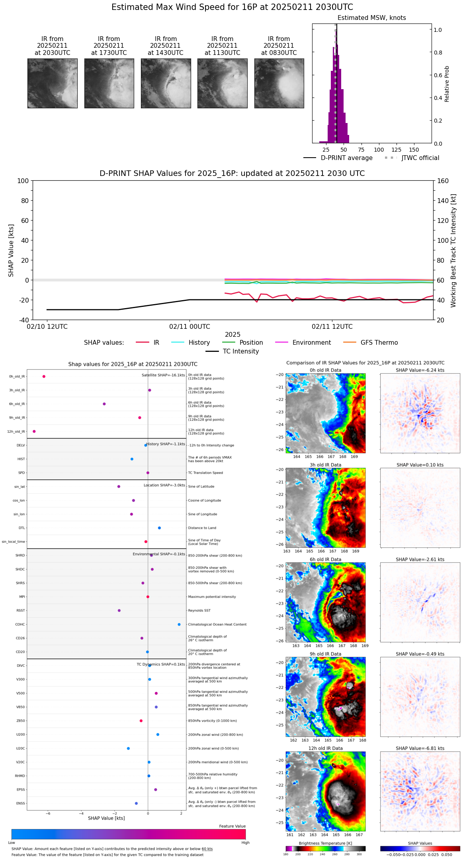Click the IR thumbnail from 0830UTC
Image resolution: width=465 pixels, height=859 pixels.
[279, 83]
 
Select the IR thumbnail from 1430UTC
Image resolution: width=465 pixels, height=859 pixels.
[166, 83]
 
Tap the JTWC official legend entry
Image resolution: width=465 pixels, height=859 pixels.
[420, 158]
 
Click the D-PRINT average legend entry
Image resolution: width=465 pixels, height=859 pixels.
[346, 158]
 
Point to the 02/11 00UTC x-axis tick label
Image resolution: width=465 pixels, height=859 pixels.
[190, 327]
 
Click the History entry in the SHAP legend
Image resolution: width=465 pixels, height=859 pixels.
[199, 343]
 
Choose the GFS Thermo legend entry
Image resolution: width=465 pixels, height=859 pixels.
[379, 343]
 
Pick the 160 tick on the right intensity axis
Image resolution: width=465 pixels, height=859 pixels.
[443, 181]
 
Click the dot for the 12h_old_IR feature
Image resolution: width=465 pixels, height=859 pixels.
[34, 431]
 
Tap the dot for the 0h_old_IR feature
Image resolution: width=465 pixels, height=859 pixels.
[44, 377]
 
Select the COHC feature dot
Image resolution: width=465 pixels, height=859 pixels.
[179, 625]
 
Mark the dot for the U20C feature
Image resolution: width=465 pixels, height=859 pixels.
[128, 748]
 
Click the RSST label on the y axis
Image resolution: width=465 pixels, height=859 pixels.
[20, 611]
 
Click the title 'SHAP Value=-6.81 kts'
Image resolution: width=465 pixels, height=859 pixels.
[420, 748]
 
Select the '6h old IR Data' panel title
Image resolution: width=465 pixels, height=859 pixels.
[325, 559]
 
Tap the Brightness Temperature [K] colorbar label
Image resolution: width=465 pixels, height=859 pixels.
[325, 843]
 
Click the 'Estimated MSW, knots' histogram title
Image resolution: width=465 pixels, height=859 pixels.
[371, 18]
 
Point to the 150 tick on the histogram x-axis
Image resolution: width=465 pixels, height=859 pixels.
[414, 150]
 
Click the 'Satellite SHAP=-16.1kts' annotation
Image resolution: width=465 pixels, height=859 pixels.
[163, 375]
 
